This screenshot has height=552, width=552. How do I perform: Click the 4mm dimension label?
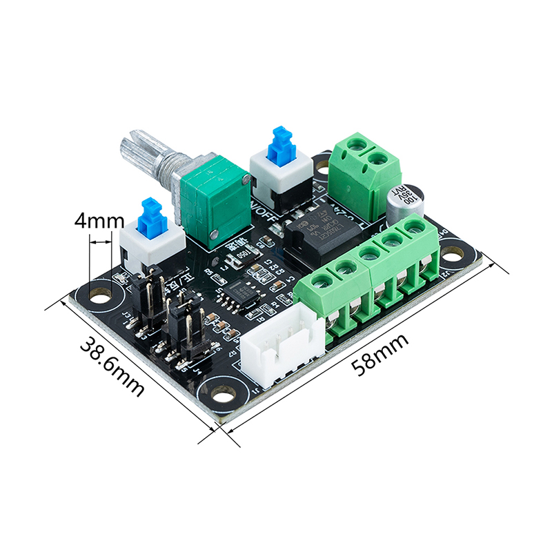tap(99, 223)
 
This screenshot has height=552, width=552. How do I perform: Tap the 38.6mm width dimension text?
tap(111, 366)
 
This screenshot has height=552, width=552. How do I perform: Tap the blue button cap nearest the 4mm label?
tap(151, 216)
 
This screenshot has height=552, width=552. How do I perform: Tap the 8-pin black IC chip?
tap(241, 293)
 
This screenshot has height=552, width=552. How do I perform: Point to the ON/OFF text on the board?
tap(264, 207)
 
